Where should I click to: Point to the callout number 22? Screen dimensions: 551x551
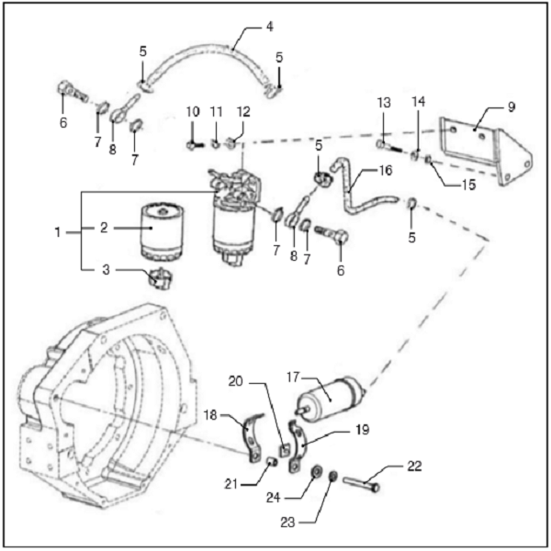[413, 466]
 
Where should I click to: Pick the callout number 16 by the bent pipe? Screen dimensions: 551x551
[385, 170]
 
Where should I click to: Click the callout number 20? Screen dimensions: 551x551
[234, 382]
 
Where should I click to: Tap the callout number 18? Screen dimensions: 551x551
[211, 416]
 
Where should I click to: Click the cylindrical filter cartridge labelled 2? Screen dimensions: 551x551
[163, 233]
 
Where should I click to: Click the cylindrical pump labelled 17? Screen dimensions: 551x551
[329, 396]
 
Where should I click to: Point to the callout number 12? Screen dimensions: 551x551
[243, 112]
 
